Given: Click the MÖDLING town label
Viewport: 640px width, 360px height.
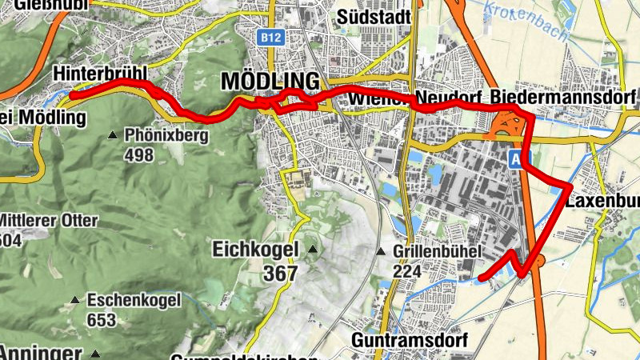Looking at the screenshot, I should (x=270, y=82).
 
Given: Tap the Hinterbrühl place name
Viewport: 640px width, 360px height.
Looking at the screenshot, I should (x=100, y=73).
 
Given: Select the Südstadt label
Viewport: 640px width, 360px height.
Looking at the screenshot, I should (x=374, y=17).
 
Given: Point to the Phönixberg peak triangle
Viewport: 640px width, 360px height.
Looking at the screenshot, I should (x=114, y=136).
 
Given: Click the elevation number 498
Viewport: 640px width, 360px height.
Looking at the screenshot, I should (x=139, y=155).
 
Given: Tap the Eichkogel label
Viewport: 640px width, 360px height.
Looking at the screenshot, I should (x=255, y=250).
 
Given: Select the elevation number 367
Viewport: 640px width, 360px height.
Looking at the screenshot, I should (x=281, y=274).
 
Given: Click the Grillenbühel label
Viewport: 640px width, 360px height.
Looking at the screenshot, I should (x=436, y=251).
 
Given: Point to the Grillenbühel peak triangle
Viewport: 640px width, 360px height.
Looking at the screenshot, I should (x=381, y=251).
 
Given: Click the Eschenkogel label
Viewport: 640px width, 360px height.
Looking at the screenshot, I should (x=134, y=301).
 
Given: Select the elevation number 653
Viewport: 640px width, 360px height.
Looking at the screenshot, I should (x=103, y=320).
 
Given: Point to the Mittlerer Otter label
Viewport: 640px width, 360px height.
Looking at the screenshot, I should (x=50, y=221).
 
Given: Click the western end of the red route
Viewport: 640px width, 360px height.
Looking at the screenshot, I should (x=72, y=95).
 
